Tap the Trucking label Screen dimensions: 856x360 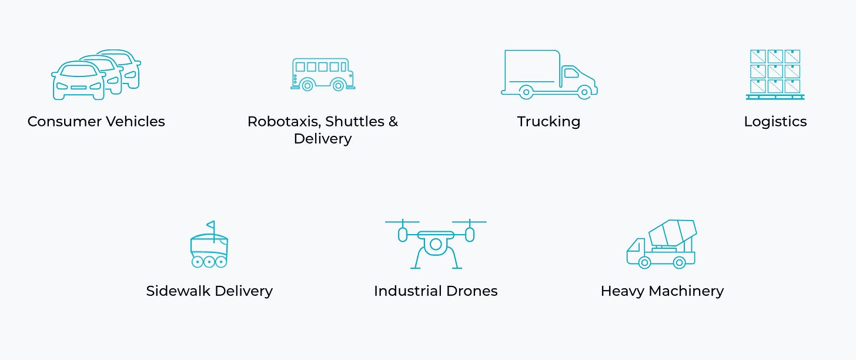[549, 122]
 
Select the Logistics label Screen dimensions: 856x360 [775, 122]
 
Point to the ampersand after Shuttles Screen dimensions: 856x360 [393, 122]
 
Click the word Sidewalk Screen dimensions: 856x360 [179, 291]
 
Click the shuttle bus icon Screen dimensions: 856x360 [323, 74]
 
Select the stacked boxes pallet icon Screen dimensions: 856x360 [775, 74]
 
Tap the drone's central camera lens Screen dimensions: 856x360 [436, 244]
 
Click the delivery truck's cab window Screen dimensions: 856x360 [570, 74]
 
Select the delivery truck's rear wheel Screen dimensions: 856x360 [526, 92]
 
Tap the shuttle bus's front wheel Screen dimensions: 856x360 [338, 86]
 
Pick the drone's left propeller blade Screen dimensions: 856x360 [402, 222]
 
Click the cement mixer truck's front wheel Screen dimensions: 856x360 [644, 262]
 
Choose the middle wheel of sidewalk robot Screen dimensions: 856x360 [209, 261]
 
